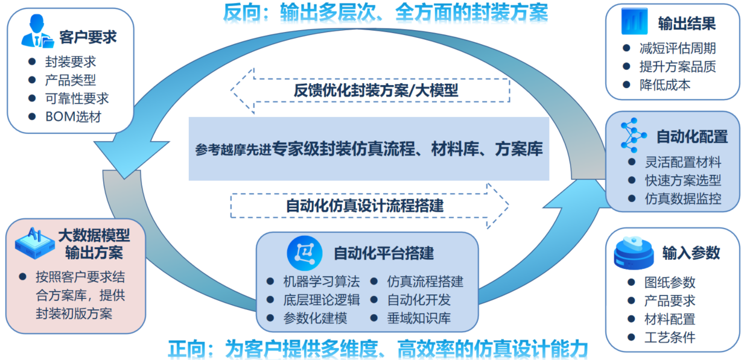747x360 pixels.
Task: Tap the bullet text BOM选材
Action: pos(73,117)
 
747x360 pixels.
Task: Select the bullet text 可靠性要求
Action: pos(77,99)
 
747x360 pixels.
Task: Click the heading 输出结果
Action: pos(687,24)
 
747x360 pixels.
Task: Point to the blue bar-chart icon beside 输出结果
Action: pos(634,22)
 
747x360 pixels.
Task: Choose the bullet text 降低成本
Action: pos(664,85)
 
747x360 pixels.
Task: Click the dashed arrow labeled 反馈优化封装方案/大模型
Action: pos(370,90)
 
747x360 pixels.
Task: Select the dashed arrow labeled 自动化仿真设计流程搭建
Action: pos(369,206)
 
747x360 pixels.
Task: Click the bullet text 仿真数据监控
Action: pos(683,198)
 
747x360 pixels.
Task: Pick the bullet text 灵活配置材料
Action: pos(683,162)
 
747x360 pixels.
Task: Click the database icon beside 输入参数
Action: pos(634,253)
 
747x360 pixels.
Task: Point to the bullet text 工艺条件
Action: pos(670,337)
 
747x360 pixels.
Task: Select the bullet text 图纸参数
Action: pos(670,282)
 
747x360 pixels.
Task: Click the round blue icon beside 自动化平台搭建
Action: pos(305,253)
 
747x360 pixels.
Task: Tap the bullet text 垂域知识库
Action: pos(419,318)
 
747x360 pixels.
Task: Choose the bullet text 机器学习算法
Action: pos(322,282)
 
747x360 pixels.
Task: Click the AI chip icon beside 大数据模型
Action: pos(34,243)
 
